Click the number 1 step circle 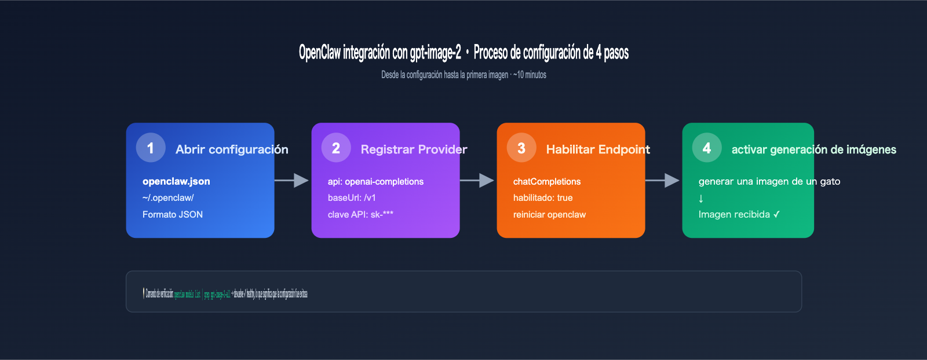pos(151,148)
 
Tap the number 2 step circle pos(336,148)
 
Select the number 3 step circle pos(521,148)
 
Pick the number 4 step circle pos(707,148)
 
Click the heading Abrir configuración pos(232,149)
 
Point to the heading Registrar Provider pos(414,149)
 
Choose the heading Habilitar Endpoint pos(598,149)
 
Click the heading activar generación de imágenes pos(813,149)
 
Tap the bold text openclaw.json pos(176,181)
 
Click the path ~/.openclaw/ pos(168,198)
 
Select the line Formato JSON pos(173,215)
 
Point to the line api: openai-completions pos(375,182)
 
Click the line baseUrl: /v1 pos(352,198)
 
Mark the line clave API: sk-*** pos(360,215)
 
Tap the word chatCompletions pos(547,182)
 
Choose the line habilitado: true pos(543,198)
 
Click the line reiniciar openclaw pos(549,215)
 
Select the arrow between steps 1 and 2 pos(293,181)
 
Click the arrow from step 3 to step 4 pos(663,181)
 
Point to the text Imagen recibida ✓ pos(739,215)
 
